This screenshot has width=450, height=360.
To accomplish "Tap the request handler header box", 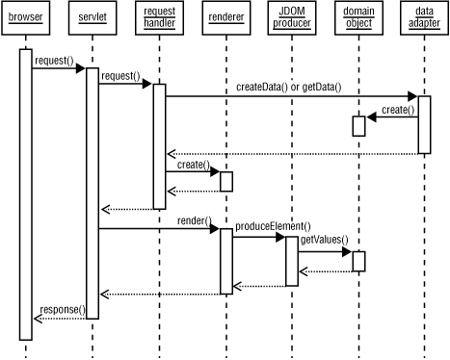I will click(159, 17).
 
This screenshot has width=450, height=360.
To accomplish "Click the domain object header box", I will click(357, 17).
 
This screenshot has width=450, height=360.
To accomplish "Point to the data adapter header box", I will click(424, 17).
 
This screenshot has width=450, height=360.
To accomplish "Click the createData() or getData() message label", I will click(289, 88).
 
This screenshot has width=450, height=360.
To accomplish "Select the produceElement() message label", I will click(273, 226).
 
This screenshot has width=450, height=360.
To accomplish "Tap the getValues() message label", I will click(324, 240).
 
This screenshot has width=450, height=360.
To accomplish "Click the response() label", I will click(62, 310).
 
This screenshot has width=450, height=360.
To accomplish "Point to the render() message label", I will click(193, 220).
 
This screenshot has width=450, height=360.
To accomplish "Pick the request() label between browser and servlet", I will click(54, 61).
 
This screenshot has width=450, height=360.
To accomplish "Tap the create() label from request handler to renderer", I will click(193, 165).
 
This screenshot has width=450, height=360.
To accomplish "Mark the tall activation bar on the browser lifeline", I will click(26, 193).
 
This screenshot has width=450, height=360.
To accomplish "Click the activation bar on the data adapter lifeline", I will click(424, 124).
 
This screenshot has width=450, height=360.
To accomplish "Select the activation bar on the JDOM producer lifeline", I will click(291, 260).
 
